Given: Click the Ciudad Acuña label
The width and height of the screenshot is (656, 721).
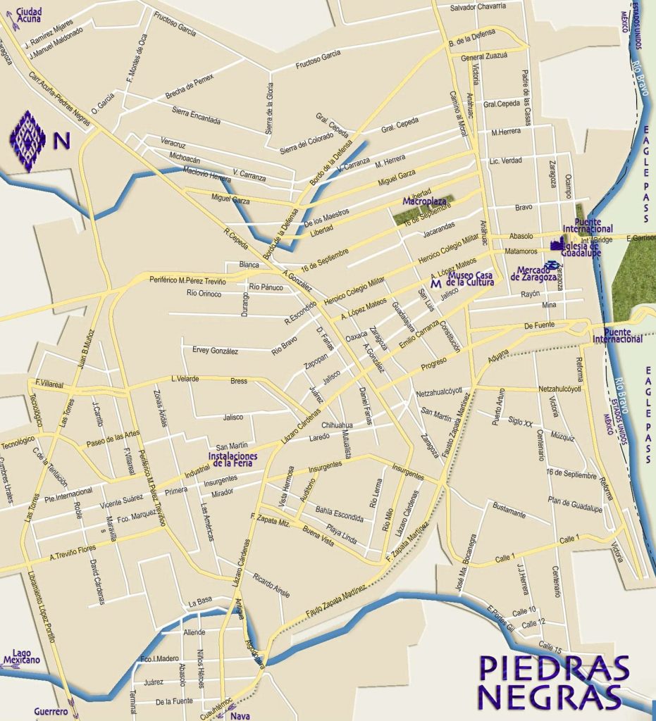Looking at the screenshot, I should [x=28, y=13].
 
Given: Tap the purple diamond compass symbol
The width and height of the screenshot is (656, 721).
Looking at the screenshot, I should [x=27, y=140].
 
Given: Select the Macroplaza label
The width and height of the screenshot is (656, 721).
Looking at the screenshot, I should [x=421, y=201].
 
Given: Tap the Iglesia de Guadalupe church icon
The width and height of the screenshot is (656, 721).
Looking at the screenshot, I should [x=557, y=245].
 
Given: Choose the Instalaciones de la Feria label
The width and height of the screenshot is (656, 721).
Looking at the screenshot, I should [x=233, y=459].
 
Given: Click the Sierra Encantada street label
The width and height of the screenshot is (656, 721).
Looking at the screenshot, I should [x=196, y=115].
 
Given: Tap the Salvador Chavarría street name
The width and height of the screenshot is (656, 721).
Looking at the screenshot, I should [x=478, y=6].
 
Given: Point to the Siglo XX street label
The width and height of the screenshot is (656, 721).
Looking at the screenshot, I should [x=520, y=421].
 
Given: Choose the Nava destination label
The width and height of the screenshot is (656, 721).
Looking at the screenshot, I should [x=240, y=716].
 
